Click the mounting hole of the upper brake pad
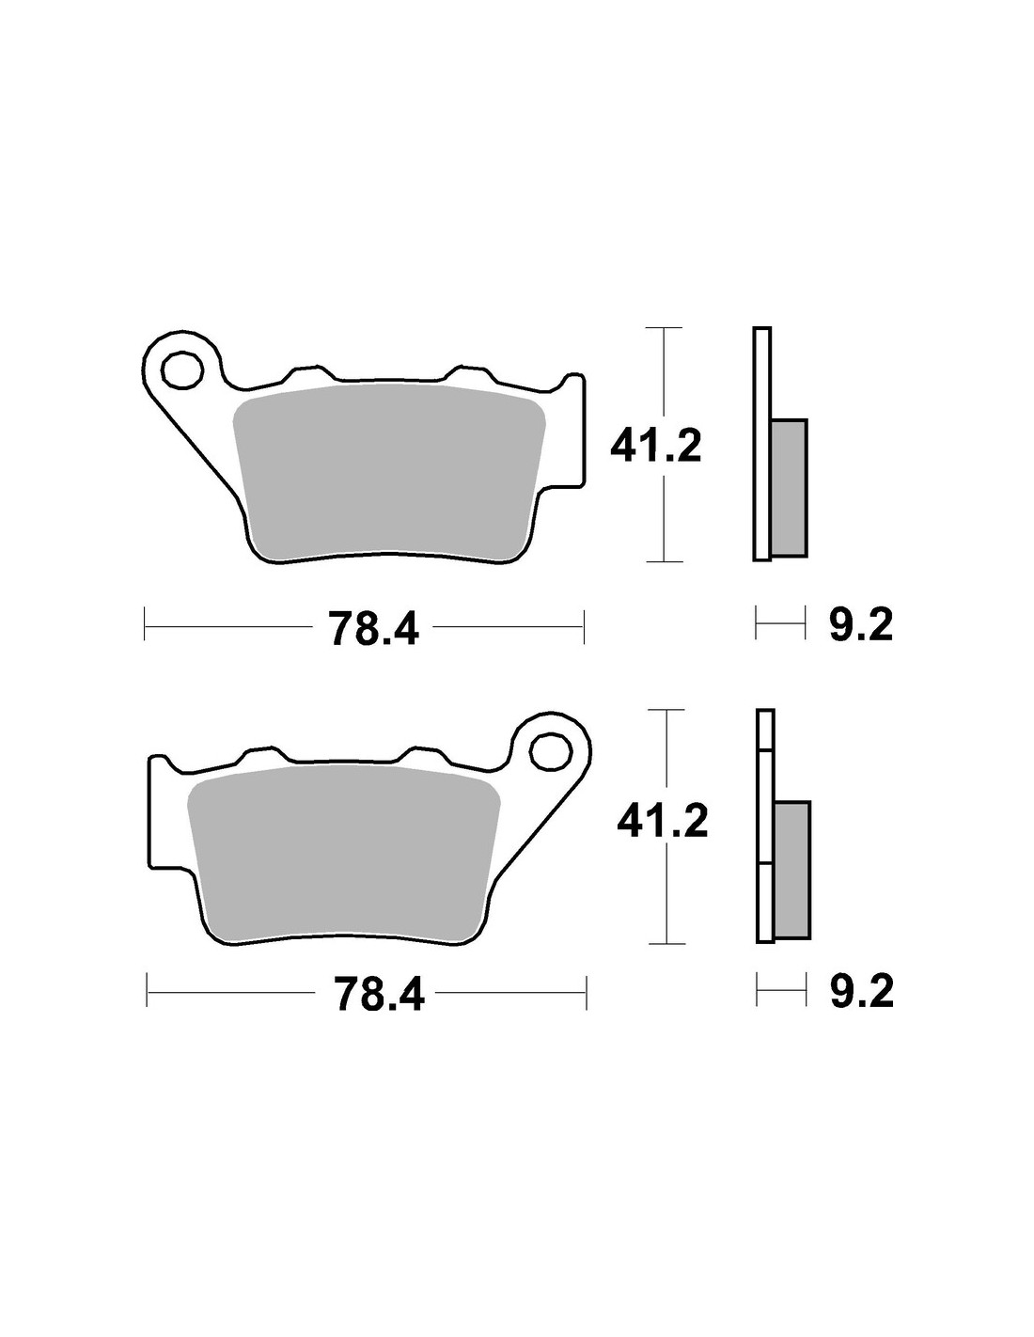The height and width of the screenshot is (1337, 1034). pyautogui.click(x=181, y=370)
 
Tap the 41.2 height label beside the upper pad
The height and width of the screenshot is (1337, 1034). pyautogui.click(x=656, y=446)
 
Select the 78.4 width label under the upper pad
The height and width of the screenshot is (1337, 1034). pyautogui.click(x=374, y=628)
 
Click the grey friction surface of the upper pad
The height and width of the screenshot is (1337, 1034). pyautogui.click(x=389, y=473)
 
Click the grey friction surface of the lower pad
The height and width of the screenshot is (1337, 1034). pyautogui.click(x=343, y=854)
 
